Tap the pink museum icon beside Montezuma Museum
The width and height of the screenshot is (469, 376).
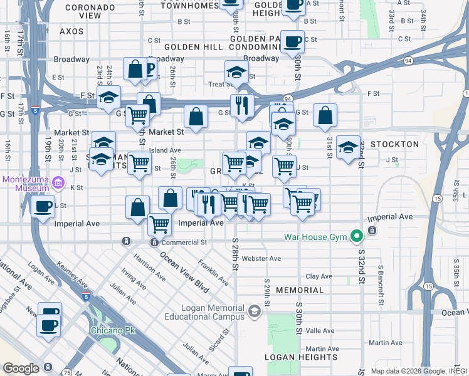pos(58,183)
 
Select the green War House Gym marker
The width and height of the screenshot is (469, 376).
pos(357,236)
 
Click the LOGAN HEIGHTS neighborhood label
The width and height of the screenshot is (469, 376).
pos(300,357)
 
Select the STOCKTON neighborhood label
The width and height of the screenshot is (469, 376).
pos(394,144)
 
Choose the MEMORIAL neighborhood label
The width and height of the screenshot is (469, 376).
pos(299,290)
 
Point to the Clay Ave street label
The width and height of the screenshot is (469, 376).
pos(319,276)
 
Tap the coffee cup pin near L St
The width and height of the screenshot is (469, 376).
pos(43,207)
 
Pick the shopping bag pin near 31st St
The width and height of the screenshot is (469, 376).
pos(325,115)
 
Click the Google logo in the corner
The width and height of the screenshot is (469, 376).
pos(21,368)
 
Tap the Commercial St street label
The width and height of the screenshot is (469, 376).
pos(184,242)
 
